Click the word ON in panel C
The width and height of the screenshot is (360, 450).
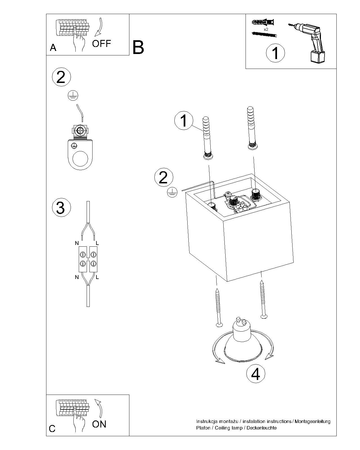[x=99, y=424]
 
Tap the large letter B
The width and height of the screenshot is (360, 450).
[x=138, y=47]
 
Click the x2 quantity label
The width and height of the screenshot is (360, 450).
[x=266, y=29]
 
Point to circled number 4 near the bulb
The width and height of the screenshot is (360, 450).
[x=256, y=374]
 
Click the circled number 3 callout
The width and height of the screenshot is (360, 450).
[x=62, y=208]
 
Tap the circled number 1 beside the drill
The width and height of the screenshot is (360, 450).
[x=275, y=53]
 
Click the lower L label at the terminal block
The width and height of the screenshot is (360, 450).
[x=97, y=277]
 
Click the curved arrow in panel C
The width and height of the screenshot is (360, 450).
[x=98, y=408]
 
